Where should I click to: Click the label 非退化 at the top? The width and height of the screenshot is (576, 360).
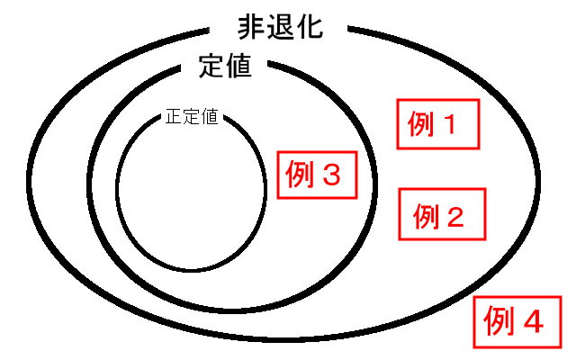pos(279,27)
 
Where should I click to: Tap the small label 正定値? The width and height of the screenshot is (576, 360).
pos(191,117)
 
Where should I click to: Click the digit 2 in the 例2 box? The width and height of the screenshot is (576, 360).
pos(455,215)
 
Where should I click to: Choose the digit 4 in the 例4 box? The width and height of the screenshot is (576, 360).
pos(533,320)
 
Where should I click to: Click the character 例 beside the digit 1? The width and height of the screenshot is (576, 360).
pos(422,125)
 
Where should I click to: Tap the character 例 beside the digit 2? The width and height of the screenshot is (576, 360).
pos(425,215)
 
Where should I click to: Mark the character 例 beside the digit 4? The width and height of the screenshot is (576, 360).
pos(499,320)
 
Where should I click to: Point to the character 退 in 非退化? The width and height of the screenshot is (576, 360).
pos(280,27)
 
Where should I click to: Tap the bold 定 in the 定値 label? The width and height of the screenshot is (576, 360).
pos(210,67)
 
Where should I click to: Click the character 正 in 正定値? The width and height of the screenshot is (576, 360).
pos(174,117)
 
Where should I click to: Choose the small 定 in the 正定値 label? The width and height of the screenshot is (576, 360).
pos(191,117)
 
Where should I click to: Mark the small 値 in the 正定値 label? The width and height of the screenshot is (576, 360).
pos(208,117)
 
